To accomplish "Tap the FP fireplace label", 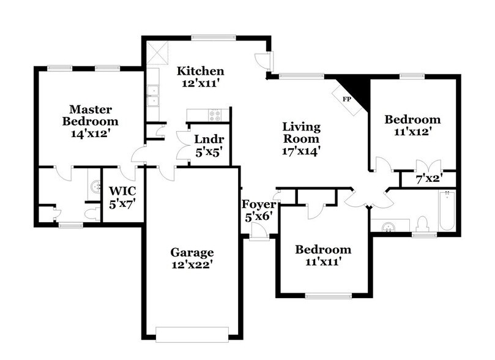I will [346, 99].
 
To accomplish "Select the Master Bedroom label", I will [90, 115].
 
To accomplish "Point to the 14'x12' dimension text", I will [91, 132].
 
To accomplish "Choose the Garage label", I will [192, 252].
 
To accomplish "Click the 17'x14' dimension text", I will [301, 150].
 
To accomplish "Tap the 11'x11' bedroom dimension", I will [323, 262].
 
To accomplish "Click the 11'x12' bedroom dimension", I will [412, 132].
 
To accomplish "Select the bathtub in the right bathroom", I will [447, 211].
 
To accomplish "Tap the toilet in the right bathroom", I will [422, 223].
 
